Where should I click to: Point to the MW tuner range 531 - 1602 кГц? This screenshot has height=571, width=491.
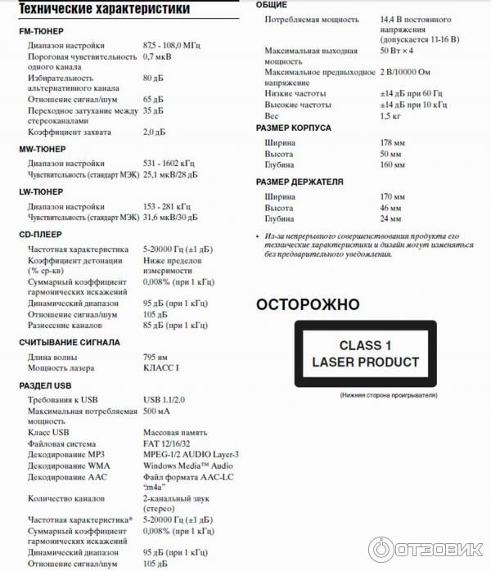point(167,163)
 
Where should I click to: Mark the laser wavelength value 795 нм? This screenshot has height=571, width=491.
point(155,357)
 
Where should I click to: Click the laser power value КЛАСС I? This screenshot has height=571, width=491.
point(160,368)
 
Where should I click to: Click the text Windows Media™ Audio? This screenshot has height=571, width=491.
point(187,465)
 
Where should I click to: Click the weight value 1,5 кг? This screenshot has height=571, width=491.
point(390,116)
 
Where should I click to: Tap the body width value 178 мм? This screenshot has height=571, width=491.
point(392,143)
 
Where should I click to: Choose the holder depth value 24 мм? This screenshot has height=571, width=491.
point(390,219)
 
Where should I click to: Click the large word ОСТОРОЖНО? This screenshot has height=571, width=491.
point(308,305)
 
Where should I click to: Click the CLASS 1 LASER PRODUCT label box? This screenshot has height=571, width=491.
point(365,354)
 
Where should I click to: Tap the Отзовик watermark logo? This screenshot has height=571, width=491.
point(426,548)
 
